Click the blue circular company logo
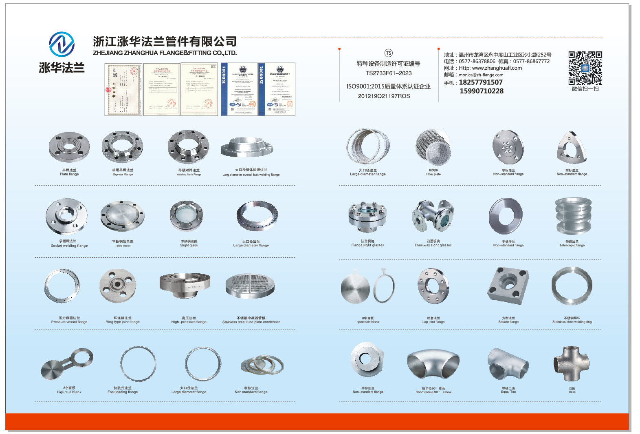(x=62, y=44)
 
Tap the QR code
(x=585, y=68)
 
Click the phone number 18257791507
(x=481, y=82)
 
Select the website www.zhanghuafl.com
(x=497, y=68)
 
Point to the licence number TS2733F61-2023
(x=388, y=73)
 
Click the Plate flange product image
(x=69, y=147)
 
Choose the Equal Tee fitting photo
(x=508, y=364)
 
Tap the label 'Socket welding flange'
(x=69, y=246)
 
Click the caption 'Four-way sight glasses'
(x=433, y=245)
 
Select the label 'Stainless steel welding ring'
(x=572, y=322)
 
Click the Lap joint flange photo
(x=433, y=286)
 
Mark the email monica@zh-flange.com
(x=481, y=75)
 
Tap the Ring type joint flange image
(x=118, y=286)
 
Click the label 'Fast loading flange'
(x=123, y=392)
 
